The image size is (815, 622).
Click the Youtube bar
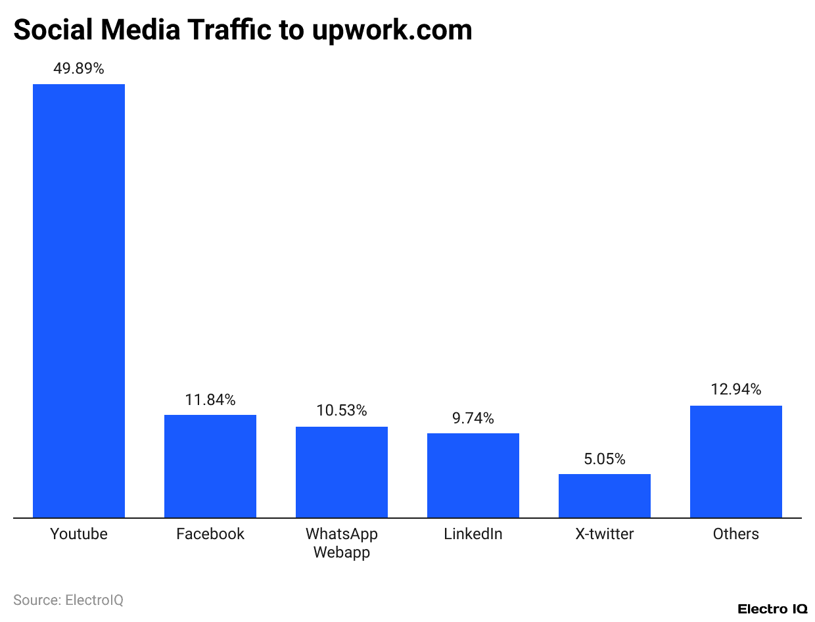pos(79,300)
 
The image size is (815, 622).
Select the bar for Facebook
pos(210,466)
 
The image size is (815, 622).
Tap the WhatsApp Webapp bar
pos(342,472)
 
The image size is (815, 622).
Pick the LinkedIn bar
pos(473,475)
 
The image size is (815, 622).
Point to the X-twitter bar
pos(605,496)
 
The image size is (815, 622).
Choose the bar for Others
pos(736,462)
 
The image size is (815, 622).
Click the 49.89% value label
pos(79,68)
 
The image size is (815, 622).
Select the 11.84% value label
pos(210,399)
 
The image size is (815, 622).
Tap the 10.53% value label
pos(342,411)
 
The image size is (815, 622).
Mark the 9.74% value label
pos(473,418)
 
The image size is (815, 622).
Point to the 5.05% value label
pos(605,459)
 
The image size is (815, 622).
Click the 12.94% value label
pos(736,389)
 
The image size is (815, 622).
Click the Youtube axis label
pos(79,534)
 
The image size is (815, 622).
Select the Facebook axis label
pos(210,534)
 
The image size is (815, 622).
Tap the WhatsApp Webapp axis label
pos(342,543)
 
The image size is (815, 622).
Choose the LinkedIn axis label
pos(473,534)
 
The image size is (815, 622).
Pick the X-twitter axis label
pos(605,534)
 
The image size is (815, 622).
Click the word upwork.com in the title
pos(392,30)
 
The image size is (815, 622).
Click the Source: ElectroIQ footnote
pos(68,600)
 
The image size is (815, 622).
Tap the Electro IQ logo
pos(772,609)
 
